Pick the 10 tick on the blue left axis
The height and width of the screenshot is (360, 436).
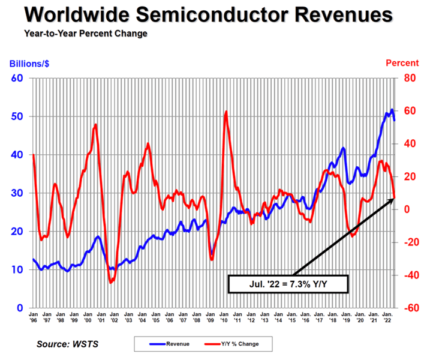[17, 270]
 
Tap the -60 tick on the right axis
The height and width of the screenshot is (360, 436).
[410, 308]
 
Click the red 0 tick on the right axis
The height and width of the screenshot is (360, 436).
[407, 209]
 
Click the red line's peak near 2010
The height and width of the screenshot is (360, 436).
[226, 112]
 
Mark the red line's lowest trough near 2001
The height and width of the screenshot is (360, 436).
[111, 282]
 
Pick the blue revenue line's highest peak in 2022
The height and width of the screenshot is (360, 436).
[392, 109]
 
